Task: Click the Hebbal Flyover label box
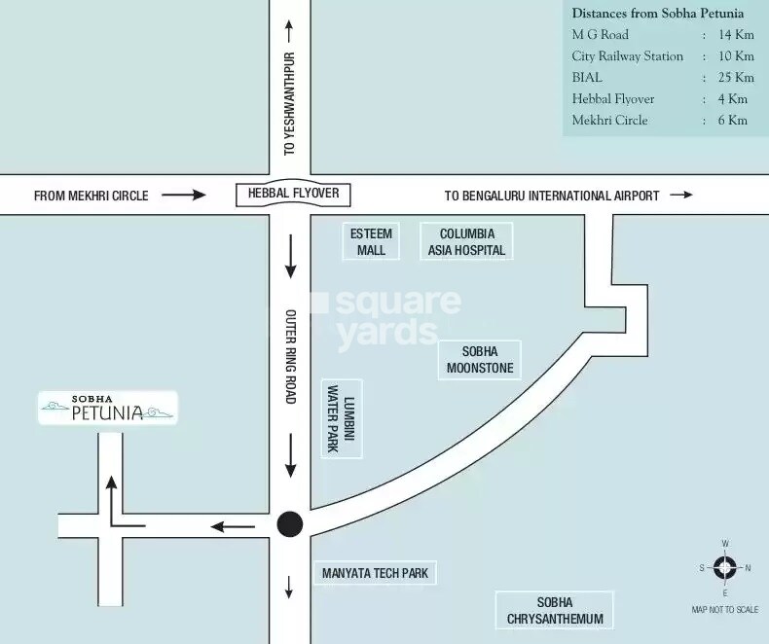pyautogui.click(x=293, y=194)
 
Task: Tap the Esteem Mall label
pyautogui.click(x=371, y=242)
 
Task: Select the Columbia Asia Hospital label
pyautogui.click(x=466, y=242)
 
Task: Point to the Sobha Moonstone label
pyautogui.click(x=480, y=360)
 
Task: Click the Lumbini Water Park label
pyautogui.click(x=342, y=418)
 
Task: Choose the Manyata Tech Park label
pyautogui.click(x=375, y=574)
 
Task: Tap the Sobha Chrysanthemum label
pyautogui.click(x=554, y=611)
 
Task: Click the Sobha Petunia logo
pyautogui.click(x=108, y=409)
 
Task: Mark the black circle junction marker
pyautogui.click(x=290, y=525)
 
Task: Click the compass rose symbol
pyautogui.click(x=725, y=567)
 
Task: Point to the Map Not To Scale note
pyautogui.click(x=724, y=610)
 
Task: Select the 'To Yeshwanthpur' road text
pyautogui.click(x=289, y=104)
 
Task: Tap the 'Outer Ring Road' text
pyautogui.click(x=290, y=356)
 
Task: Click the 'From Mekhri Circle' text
pyautogui.click(x=92, y=196)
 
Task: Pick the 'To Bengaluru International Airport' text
pyautogui.click(x=552, y=196)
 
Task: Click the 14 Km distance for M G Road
pyautogui.click(x=737, y=35)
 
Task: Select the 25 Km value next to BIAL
pyautogui.click(x=737, y=78)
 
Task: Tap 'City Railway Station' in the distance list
pyautogui.click(x=627, y=56)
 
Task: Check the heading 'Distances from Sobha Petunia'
pyautogui.click(x=657, y=14)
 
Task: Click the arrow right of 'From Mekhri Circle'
pyautogui.click(x=183, y=196)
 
